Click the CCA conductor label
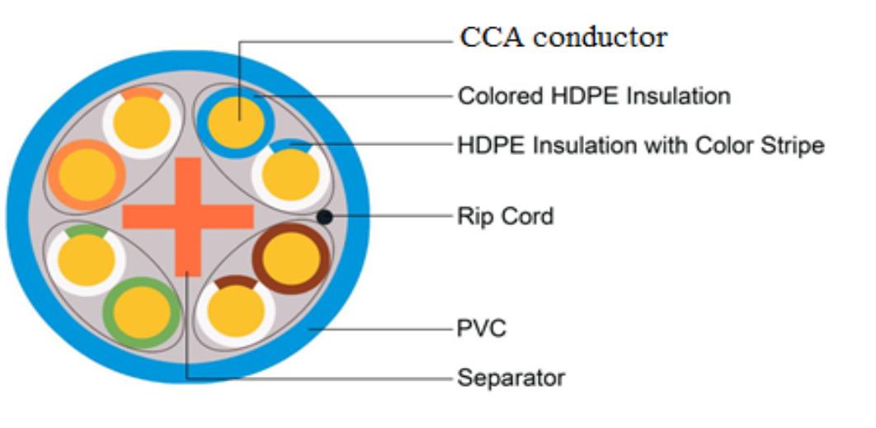563,37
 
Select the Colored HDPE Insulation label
594,96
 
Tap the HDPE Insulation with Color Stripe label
641,146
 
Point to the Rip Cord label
506,216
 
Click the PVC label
482,328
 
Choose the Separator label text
511,379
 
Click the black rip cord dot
324,217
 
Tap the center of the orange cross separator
188,217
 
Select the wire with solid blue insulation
236,122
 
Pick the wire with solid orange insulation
87,175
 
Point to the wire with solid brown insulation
291,258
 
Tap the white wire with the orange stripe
142,122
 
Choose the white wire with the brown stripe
236,311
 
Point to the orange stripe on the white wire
142,93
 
